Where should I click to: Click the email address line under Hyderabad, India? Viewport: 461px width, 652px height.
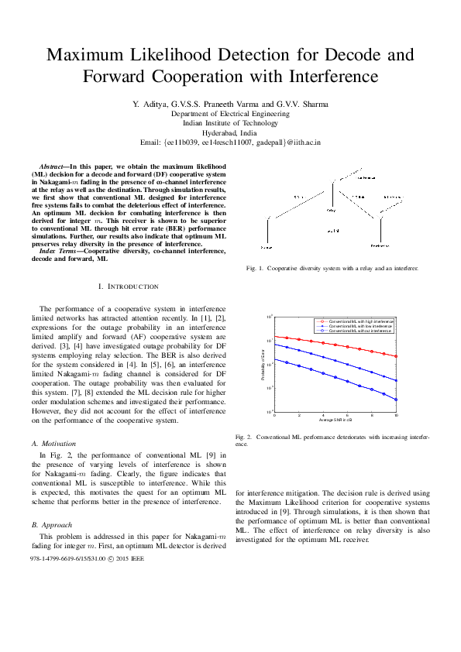(x=230, y=142)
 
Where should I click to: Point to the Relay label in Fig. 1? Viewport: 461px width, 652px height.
(x=331, y=209)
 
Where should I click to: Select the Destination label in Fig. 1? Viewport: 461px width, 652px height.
(x=380, y=245)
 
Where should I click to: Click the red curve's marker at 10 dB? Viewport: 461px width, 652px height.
(x=397, y=356)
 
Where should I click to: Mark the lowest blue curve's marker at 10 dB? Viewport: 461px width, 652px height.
(x=397, y=400)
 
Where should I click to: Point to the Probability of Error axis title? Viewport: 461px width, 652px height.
(x=263, y=365)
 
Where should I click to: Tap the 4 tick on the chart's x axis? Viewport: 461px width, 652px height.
(x=324, y=416)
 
